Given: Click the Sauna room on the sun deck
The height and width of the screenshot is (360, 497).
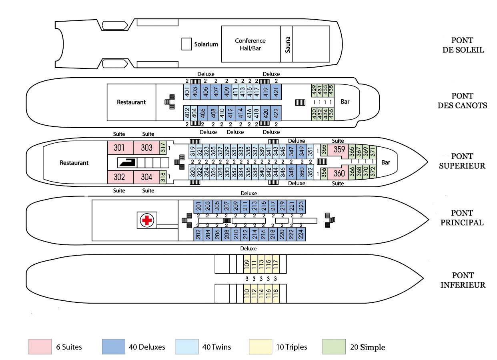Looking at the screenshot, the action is coord(287,44).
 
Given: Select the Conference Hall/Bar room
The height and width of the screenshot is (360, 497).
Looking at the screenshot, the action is coord(251,44).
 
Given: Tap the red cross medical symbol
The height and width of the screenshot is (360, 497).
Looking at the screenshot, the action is coord(147,220).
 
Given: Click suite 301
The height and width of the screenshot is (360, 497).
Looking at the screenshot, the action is coord(120,148).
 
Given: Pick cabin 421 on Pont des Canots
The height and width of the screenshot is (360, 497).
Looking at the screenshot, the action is coord(276,92).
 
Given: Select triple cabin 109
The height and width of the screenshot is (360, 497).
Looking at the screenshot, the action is coord(247,264).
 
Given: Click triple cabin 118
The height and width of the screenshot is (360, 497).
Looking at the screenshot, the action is coord(276,294).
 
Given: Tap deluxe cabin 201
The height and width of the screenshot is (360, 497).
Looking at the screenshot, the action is coord(198,206).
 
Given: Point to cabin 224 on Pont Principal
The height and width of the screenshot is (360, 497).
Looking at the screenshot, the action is coord(301,234).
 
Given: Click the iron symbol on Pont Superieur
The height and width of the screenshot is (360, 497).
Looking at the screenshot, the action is coord(127,162).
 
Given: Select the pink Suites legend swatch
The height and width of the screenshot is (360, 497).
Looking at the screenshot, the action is coord(40,346).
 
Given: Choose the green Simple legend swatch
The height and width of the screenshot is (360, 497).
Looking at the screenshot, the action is coord(334,346).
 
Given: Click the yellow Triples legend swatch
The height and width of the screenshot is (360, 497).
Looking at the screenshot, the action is coord(260,346).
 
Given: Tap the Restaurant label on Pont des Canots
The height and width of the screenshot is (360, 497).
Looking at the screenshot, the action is coord(131,102).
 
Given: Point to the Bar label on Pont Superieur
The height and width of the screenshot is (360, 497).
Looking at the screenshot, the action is coord(386,162).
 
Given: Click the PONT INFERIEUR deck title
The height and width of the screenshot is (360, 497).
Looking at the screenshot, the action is coord(463,280).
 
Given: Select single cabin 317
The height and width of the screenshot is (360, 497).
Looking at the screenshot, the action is coord(163,148).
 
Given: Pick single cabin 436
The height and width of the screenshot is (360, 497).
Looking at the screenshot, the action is coord(331,114).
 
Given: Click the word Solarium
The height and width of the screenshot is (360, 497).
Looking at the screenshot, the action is coord(206,44).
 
